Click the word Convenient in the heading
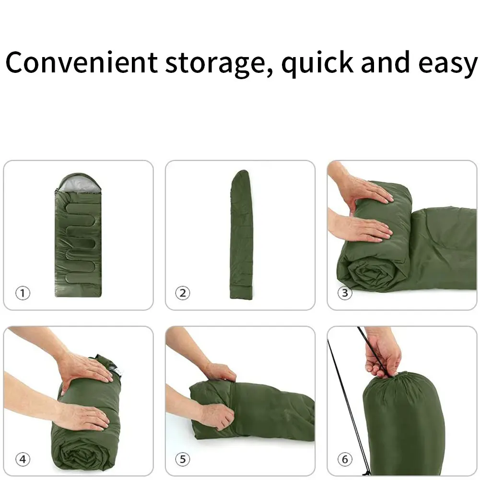pos(82,62)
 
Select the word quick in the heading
pos(317,63)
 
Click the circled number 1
pos(22,293)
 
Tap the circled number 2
pos(182,293)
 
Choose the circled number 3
pos(345,293)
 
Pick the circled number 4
pos(22,459)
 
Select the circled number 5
pos(182,459)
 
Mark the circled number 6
pos(345,459)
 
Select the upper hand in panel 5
pos(218,372)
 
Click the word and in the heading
pos(382,62)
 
